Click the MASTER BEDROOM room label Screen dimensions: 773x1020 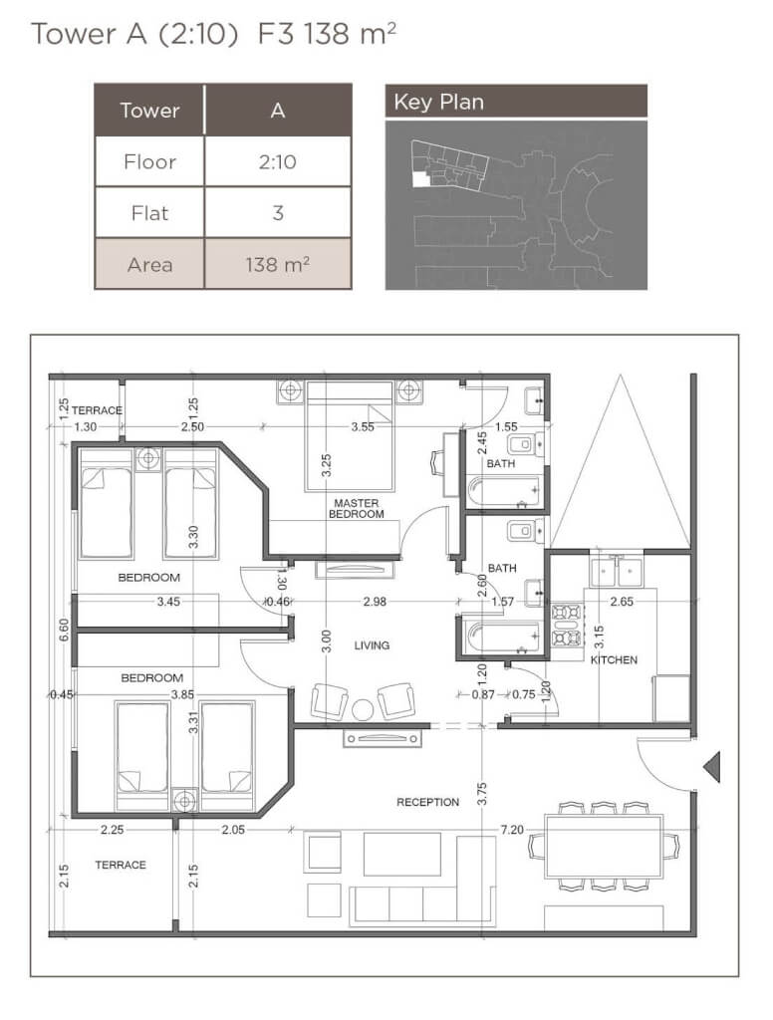pyautogui.click(x=356, y=508)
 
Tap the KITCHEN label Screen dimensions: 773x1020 pyautogui.click(x=614, y=659)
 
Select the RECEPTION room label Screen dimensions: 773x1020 pyautogui.click(x=427, y=802)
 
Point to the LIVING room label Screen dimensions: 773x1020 pyautogui.click(x=372, y=645)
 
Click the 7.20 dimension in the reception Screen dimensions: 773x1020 pyautogui.click(x=511, y=830)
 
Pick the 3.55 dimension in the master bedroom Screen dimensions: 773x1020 pyautogui.click(x=363, y=426)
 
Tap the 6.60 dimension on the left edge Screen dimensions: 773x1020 pyautogui.click(x=64, y=630)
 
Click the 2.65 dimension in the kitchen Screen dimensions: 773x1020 pyautogui.click(x=622, y=602)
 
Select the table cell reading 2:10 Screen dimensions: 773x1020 pyautogui.click(x=278, y=161)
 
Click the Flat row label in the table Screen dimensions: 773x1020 pyautogui.click(x=149, y=213)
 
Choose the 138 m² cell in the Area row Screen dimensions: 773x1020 pyautogui.click(x=278, y=264)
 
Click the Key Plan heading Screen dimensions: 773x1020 pyautogui.click(x=438, y=103)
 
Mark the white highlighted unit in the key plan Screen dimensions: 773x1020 pyautogui.click(x=420, y=178)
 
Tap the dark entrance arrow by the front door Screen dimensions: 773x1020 pyautogui.click(x=712, y=766)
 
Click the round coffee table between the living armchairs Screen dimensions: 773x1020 pyautogui.click(x=363, y=709)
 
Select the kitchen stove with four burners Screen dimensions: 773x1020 pyautogui.click(x=566, y=626)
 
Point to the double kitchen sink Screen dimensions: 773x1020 pyautogui.click(x=616, y=572)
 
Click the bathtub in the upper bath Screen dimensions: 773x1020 pyautogui.click(x=504, y=491)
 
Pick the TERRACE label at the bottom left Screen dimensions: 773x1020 pyautogui.click(x=121, y=865)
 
